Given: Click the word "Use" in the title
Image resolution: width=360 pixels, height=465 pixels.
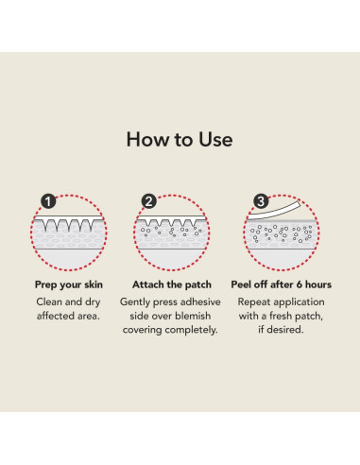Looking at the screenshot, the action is click(215, 140).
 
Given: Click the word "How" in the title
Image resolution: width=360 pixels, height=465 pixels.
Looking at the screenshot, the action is click(147, 140).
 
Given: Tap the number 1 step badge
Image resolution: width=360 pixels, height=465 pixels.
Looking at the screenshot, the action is click(48, 201).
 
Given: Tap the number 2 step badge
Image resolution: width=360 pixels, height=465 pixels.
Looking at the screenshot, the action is click(149, 201).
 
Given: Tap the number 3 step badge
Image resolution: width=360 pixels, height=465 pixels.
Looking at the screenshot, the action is click(261, 201).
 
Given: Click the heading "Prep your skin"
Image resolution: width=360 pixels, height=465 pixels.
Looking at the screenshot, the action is click(69, 284).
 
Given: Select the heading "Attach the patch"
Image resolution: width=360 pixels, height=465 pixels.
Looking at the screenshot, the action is click(172, 284).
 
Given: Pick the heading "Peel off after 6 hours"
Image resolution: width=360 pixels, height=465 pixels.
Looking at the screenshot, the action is click(282, 284).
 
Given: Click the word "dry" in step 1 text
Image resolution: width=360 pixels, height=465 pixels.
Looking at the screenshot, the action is click(93, 302).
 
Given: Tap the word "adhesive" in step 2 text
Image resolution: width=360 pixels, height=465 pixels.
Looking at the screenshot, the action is click(200, 301).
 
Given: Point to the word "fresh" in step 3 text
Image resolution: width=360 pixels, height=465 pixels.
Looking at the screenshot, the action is click(281, 316).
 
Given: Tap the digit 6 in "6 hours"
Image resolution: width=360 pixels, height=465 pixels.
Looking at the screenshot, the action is click(300, 284).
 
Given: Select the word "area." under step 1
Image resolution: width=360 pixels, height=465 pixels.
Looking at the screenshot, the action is click(89, 316).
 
